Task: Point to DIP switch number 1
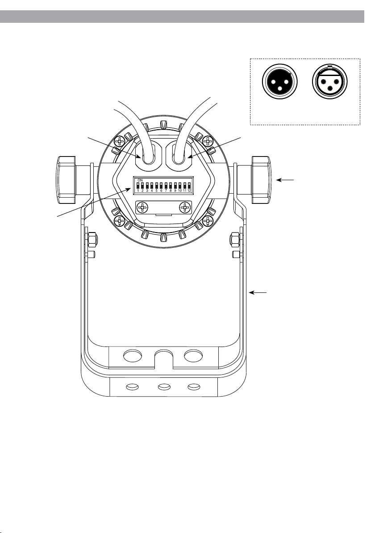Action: coord(138,186)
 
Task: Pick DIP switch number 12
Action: coord(189,186)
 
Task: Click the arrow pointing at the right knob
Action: coord(286,180)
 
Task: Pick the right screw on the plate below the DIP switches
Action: coord(184,207)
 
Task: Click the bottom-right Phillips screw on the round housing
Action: coord(208,220)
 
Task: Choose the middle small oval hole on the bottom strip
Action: coord(163,386)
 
